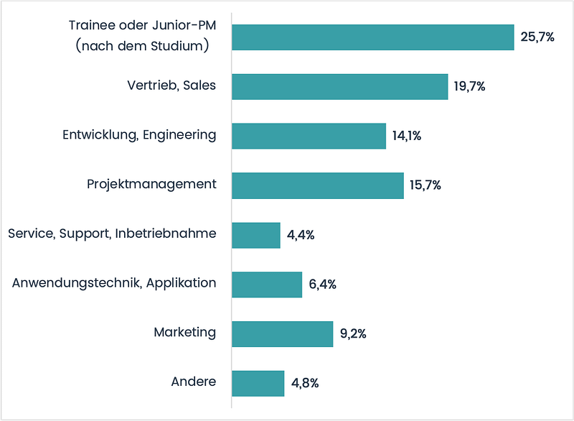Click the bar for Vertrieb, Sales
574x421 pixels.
[x=339, y=86]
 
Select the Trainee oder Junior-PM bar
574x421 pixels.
[x=372, y=37]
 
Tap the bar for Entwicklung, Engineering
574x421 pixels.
[x=309, y=136]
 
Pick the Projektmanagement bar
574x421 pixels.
[x=317, y=185]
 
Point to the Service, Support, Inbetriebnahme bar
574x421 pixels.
[x=255, y=235]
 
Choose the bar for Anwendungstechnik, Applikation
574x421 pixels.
[x=266, y=284]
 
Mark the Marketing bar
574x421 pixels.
[x=282, y=333]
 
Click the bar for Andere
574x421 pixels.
[x=258, y=383]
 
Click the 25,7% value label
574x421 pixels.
[x=537, y=37]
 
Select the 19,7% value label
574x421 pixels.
[x=470, y=87]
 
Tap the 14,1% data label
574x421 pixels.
[x=407, y=136]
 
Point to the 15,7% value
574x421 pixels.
[x=425, y=185]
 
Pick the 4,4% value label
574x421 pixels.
[x=301, y=235]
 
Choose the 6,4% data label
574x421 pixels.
[x=323, y=284]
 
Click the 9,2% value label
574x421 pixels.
[x=354, y=333]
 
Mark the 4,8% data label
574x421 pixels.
[x=306, y=383]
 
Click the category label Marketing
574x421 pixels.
[x=184, y=332]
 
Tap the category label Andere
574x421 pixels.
[x=193, y=381]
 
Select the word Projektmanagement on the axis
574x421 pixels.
[x=151, y=184]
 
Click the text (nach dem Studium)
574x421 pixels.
[x=142, y=47]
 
